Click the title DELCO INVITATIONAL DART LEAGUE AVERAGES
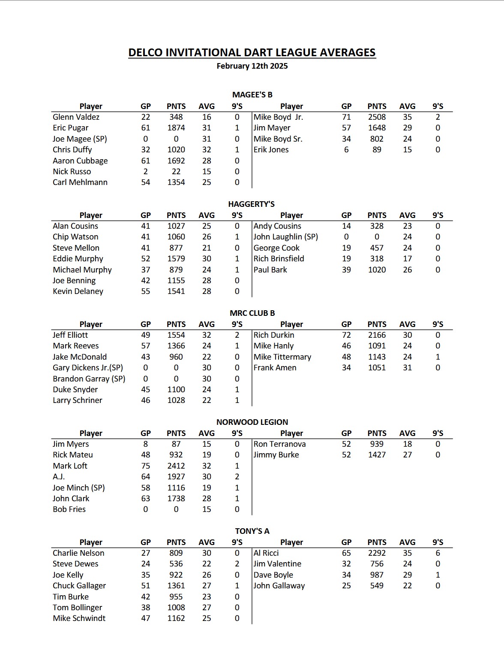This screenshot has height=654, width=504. (x=252, y=52)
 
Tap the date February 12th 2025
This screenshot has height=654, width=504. (x=252, y=66)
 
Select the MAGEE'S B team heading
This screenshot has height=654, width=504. (x=252, y=95)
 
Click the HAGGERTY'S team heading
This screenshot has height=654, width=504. (x=252, y=204)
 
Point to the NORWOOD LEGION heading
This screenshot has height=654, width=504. (x=252, y=422)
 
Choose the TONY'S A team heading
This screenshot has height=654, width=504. (x=252, y=531)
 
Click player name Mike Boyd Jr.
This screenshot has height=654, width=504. (x=278, y=117)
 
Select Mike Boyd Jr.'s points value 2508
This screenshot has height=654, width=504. (x=377, y=117)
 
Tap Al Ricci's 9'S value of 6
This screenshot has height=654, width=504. (x=438, y=553)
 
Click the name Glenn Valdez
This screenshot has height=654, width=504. (x=76, y=117)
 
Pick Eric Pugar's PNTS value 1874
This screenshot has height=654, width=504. (x=176, y=128)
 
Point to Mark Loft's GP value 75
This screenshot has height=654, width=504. (x=146, y=466)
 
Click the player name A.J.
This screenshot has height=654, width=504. (x=59, y=477)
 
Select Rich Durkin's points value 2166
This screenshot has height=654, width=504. (x=377, y=335)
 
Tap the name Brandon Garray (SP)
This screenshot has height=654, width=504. (x=89, y=379)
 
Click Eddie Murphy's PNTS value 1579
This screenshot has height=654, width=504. (x=176, y=259)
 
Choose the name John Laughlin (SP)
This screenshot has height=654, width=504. (x=285, y=237)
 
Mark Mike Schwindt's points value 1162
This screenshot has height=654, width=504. (x=176, y=618)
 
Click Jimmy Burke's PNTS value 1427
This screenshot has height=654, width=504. (x=377, y=455)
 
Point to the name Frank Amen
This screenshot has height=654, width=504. (x=275, y=368)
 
